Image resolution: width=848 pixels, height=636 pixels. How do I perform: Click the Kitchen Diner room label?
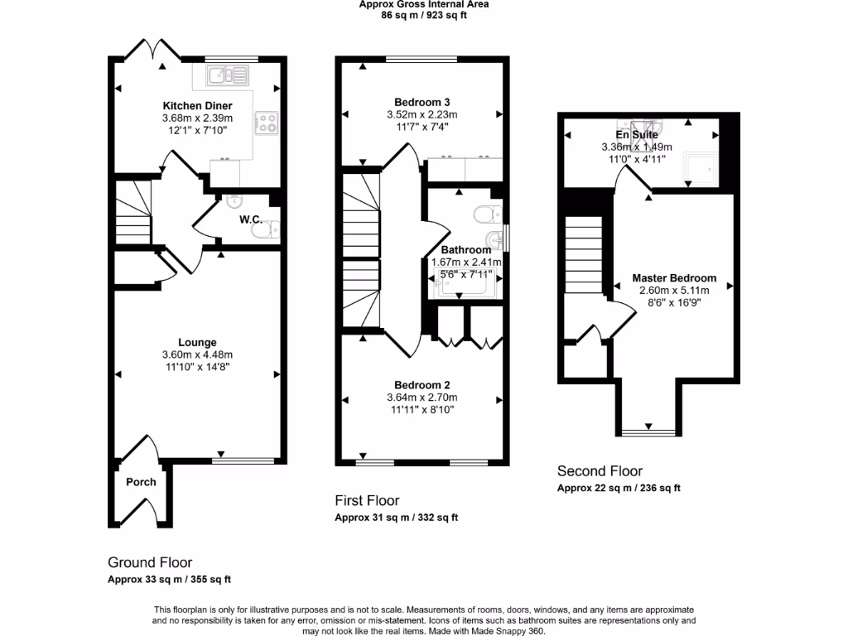[197, 106]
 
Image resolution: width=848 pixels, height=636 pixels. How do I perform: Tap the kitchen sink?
[222, 76]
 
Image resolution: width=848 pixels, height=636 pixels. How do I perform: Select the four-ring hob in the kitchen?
[267, 123]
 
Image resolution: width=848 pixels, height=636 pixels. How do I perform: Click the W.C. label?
[251, 219]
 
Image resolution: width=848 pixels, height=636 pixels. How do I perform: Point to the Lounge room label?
[197, 342]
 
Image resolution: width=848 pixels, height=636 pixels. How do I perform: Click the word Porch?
[141, 482]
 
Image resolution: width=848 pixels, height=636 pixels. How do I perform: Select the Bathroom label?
[465, 250]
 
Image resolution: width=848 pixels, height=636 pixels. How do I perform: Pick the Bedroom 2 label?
[422, 385]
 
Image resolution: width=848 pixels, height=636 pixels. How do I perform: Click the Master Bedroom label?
[674, 278]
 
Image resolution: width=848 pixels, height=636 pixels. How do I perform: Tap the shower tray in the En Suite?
[700, 170]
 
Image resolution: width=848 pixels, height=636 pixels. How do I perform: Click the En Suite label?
[636, 135]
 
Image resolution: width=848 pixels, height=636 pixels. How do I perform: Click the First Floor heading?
[367, 500]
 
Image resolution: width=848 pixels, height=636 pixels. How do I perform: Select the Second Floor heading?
[600, 471]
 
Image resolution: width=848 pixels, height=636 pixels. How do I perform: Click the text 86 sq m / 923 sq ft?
[423, 14]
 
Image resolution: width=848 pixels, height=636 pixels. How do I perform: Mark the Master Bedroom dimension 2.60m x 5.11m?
[674, 291]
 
